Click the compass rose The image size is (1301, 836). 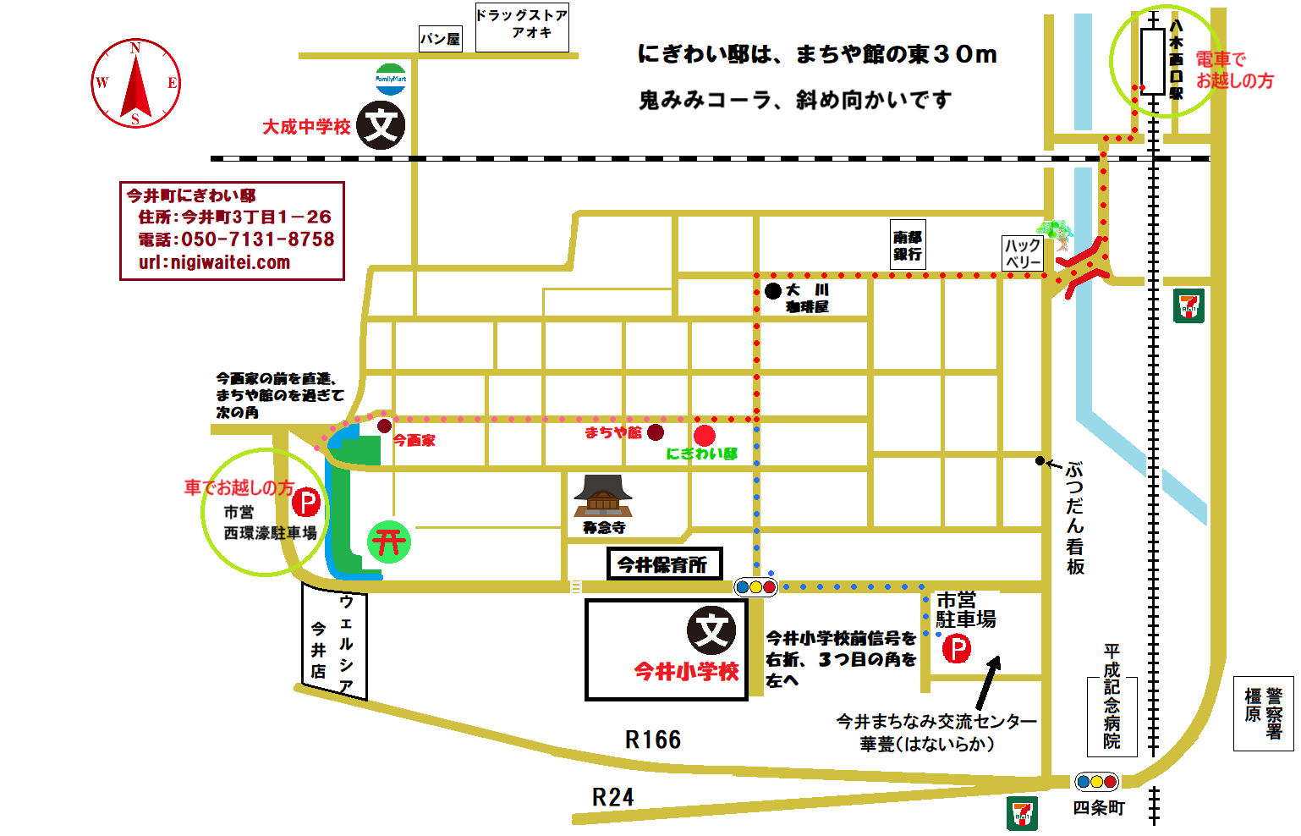[x=135, y=83]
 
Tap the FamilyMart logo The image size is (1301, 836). [x=391, y=79]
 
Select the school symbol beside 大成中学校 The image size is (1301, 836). [x=381, y=125]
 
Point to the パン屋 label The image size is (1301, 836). [x=441, y=39]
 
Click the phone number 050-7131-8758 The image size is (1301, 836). [x=257, y=239]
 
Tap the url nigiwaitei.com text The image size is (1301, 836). [x=215, y=262]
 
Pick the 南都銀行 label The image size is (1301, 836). [x=908, y=245]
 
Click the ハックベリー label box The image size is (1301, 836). [x=1023, y=253]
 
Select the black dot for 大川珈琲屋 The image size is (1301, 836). [x=772, y=291]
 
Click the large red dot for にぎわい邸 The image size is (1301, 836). [x=705, y=436]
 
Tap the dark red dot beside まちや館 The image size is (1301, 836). [x=656, y=432]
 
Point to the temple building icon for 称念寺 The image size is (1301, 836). [x=603, y=496]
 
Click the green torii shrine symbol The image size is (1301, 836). [x=389, y=542]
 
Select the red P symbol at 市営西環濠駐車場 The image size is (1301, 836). [x=306, y=503]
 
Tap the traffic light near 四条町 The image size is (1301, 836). [x=1096, y=782]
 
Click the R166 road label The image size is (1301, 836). [x=653, y=740]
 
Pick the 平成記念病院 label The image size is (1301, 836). [x=1112, y=697]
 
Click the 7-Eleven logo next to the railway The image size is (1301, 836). [x=1189, y=305]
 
